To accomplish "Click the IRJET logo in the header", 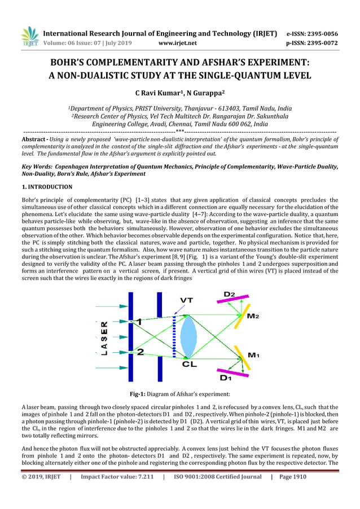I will point(29,36).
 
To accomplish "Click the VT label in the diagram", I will point(188,300).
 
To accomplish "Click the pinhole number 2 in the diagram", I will point(140,351).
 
